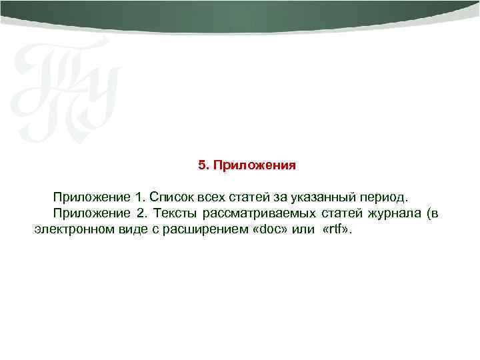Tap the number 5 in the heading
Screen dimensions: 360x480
click(202, 164)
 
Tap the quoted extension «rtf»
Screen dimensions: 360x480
click(338, 230)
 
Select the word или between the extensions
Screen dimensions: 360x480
click(300, 230)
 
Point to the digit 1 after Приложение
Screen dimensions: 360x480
click(138, 198)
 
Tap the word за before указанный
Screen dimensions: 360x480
click(279, 198)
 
